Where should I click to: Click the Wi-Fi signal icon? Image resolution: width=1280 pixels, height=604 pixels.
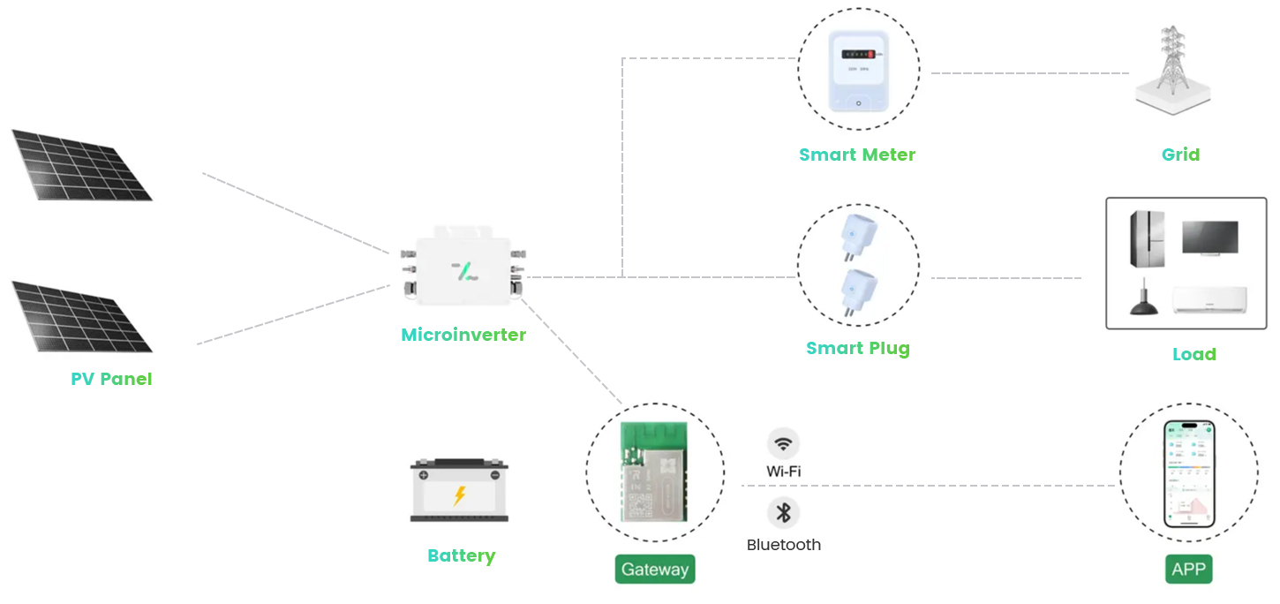[783, 443]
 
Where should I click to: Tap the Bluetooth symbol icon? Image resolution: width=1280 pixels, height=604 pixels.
[783, 512]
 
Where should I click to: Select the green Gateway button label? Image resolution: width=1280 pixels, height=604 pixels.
[655, 570]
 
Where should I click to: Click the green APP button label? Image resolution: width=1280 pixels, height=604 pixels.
[1188, 570]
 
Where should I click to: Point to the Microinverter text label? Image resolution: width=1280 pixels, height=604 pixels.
[463, 335]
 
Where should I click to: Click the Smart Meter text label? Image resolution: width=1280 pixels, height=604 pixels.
[857, 155]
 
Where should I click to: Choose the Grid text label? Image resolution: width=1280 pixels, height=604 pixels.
[1180, 155]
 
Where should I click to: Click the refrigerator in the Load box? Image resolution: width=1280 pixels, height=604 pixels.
[1147, 238]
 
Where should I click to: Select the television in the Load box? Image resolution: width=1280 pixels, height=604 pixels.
[1210, 238]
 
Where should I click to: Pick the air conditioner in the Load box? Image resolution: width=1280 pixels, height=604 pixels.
[1209, 300]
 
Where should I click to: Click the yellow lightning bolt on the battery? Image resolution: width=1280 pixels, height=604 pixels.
[459, 496]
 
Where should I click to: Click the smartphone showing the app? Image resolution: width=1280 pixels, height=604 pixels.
[1189, 473]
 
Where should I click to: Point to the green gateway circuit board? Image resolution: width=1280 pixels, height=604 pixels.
[654, 472]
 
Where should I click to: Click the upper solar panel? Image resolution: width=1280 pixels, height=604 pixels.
[82, 165]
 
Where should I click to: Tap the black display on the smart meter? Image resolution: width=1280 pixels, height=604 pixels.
[858, 54]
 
